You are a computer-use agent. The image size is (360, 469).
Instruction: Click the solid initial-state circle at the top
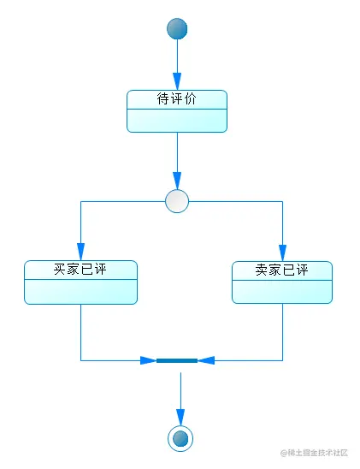point(177,28)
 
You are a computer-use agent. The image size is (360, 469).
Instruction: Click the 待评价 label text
point(177,99)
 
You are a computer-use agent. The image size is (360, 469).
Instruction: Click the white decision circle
point(177,201)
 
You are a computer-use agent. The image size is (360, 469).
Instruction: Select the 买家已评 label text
point(80,270)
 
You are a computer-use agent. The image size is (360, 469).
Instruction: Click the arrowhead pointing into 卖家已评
point(282,253)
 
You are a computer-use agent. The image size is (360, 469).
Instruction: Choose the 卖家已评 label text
point(282,270)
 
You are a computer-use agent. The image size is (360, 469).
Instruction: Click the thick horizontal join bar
point(177,360)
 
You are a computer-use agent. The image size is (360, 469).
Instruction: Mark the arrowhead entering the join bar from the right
point(205,360)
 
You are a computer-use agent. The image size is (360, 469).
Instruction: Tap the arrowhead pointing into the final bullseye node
point(180,417)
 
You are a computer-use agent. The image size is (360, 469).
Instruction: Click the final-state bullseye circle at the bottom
point(180,438)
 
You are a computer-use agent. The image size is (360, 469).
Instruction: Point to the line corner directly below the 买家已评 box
point(80,360)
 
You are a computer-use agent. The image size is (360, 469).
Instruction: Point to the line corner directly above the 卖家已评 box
point(282,202)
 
